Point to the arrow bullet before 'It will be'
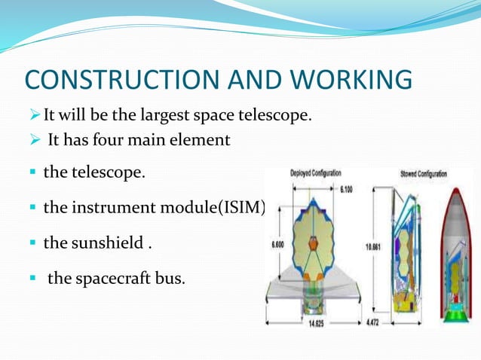coord(32,117)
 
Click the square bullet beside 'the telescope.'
coord(32,173)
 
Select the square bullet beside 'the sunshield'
coord(32,243)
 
